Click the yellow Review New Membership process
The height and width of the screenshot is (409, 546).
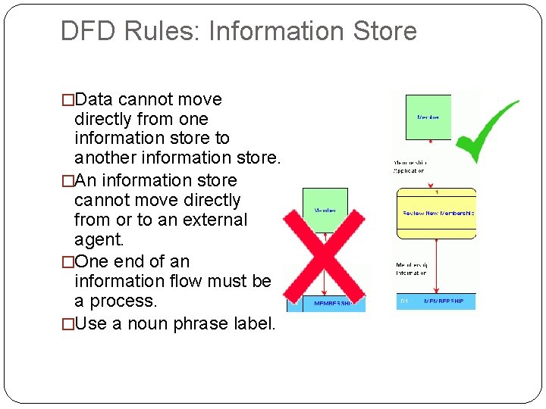(436, 214)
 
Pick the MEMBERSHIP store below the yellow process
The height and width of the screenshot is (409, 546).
(436, 301)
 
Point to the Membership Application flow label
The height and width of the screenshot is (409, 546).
(409, 167)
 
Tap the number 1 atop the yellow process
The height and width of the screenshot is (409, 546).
(436, 193)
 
